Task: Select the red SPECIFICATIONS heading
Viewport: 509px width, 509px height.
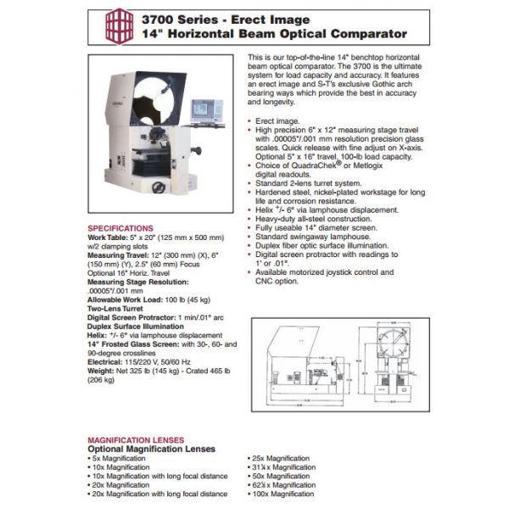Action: [121, 228]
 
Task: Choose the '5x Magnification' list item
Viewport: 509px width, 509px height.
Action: [120, 458]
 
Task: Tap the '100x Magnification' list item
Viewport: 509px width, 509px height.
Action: [284, 493]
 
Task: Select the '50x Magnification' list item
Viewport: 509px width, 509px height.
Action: [282, 476]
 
